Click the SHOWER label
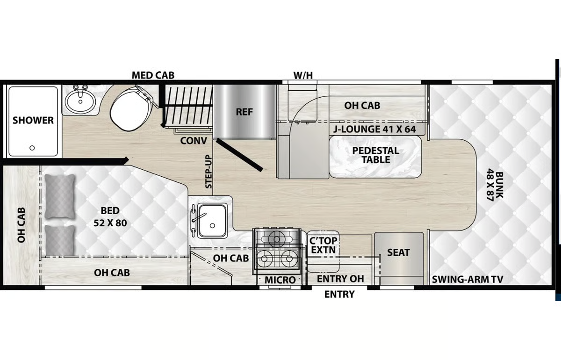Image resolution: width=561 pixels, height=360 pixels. click(x=33, y=120)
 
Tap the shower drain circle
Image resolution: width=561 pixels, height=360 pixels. click(x=32, y=148)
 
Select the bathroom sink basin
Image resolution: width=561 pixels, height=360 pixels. click(x=80, y=101)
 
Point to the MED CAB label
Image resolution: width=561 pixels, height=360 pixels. click(x=153, y=75)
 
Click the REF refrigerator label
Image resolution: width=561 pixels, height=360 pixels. click(x=245, y=112)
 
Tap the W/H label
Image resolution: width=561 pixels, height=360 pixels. click(x=303, y=75)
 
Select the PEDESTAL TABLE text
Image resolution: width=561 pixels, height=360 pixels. click(x=376, y=155)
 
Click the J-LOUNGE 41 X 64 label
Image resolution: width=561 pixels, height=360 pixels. click(x=374, y=129)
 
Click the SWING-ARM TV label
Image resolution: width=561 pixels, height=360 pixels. click(x=467, y=279)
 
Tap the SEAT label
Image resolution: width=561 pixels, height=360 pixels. click(x=398, y=252)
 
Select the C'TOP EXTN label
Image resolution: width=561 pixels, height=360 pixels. click(x=323, y=245)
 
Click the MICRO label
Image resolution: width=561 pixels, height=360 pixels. click(x=280, y=280)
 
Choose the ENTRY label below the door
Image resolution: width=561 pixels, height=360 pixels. click(x=339, y=294)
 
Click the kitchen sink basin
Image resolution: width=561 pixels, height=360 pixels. click(x=212, y=221)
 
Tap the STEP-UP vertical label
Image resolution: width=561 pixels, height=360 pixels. click(x=209, y=172)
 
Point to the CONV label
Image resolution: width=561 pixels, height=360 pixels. click(x=194, y=141)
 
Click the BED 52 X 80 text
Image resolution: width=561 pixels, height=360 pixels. click(x=110, y=217)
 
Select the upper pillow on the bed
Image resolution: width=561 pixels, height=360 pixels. click(x=60, y=196)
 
